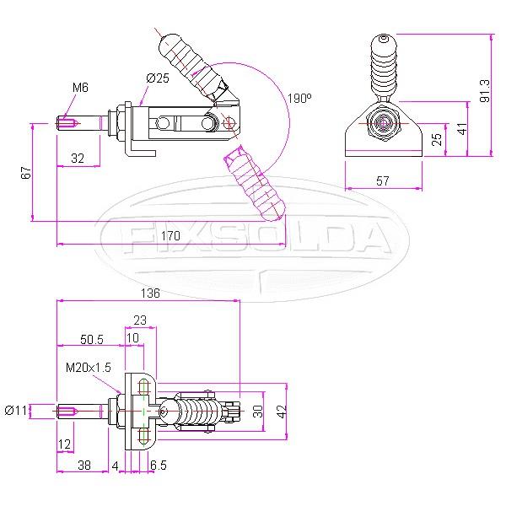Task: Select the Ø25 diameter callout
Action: click(x=158, y=78)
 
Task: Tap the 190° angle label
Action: click(x=299, y=99)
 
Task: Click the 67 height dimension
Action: click(x=26, y=173)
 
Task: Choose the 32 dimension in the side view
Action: click(x=77, y=158)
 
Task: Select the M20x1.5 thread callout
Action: click(x=89, y=368)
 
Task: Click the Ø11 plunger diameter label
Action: click(x=17, y=411)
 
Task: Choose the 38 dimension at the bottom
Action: click(x=83, y=464)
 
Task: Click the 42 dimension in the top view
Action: click(x=283, y=411)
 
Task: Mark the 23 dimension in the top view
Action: click(x=140, y=320)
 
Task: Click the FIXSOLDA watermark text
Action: click(x=253, y=239)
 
